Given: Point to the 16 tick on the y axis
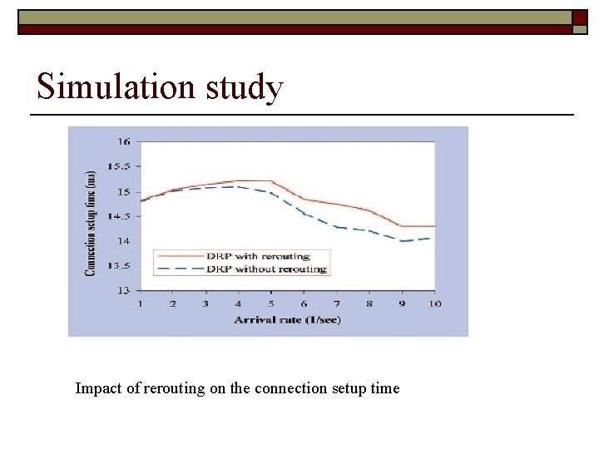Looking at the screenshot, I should coord(123,142).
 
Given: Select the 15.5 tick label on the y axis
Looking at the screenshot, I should coord(121,167).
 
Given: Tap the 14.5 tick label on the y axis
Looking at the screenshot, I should coord(121,216).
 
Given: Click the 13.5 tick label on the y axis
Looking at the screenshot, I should coord(121,266).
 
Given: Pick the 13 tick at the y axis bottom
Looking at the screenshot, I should coord(124,290).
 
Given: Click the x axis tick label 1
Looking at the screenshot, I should coord(141,303).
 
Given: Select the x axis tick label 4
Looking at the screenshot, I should coord(238,303).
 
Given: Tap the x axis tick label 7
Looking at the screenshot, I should coord(336,303).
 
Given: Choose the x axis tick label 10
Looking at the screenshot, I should coord(433,303).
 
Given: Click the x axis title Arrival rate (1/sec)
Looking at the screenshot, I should coord(287,319).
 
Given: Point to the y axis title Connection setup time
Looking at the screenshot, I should coord(91,223).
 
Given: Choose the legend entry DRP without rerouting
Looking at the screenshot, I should coord(265,269).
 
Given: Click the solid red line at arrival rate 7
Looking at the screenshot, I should coord(336,204).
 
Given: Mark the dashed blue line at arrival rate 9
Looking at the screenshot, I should coord(402,241).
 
